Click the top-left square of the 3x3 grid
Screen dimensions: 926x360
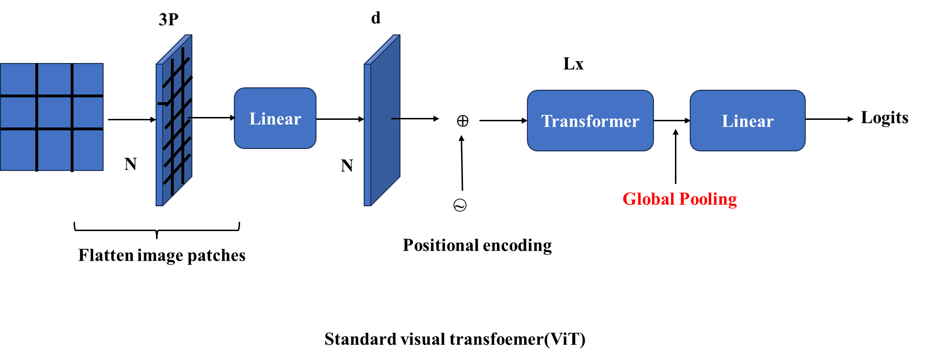[18, 79]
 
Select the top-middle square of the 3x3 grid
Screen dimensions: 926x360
[54, 79]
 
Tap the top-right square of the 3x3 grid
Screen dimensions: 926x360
[88, 79]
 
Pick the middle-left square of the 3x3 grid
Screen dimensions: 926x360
[18, 113]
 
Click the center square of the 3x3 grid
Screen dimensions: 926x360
[54, 113]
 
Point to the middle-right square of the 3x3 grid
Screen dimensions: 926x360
[88, 113]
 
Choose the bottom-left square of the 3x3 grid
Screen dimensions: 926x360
[18, 150]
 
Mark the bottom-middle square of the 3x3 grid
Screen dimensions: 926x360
[54, 150]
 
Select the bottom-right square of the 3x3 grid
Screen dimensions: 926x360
[88, 150]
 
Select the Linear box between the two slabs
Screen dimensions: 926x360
[275, 118]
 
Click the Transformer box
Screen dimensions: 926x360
[590, 121]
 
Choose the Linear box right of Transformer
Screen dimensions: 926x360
[747, 121]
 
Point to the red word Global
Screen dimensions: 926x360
[648, 199]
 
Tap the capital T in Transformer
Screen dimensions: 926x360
[547, 121]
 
